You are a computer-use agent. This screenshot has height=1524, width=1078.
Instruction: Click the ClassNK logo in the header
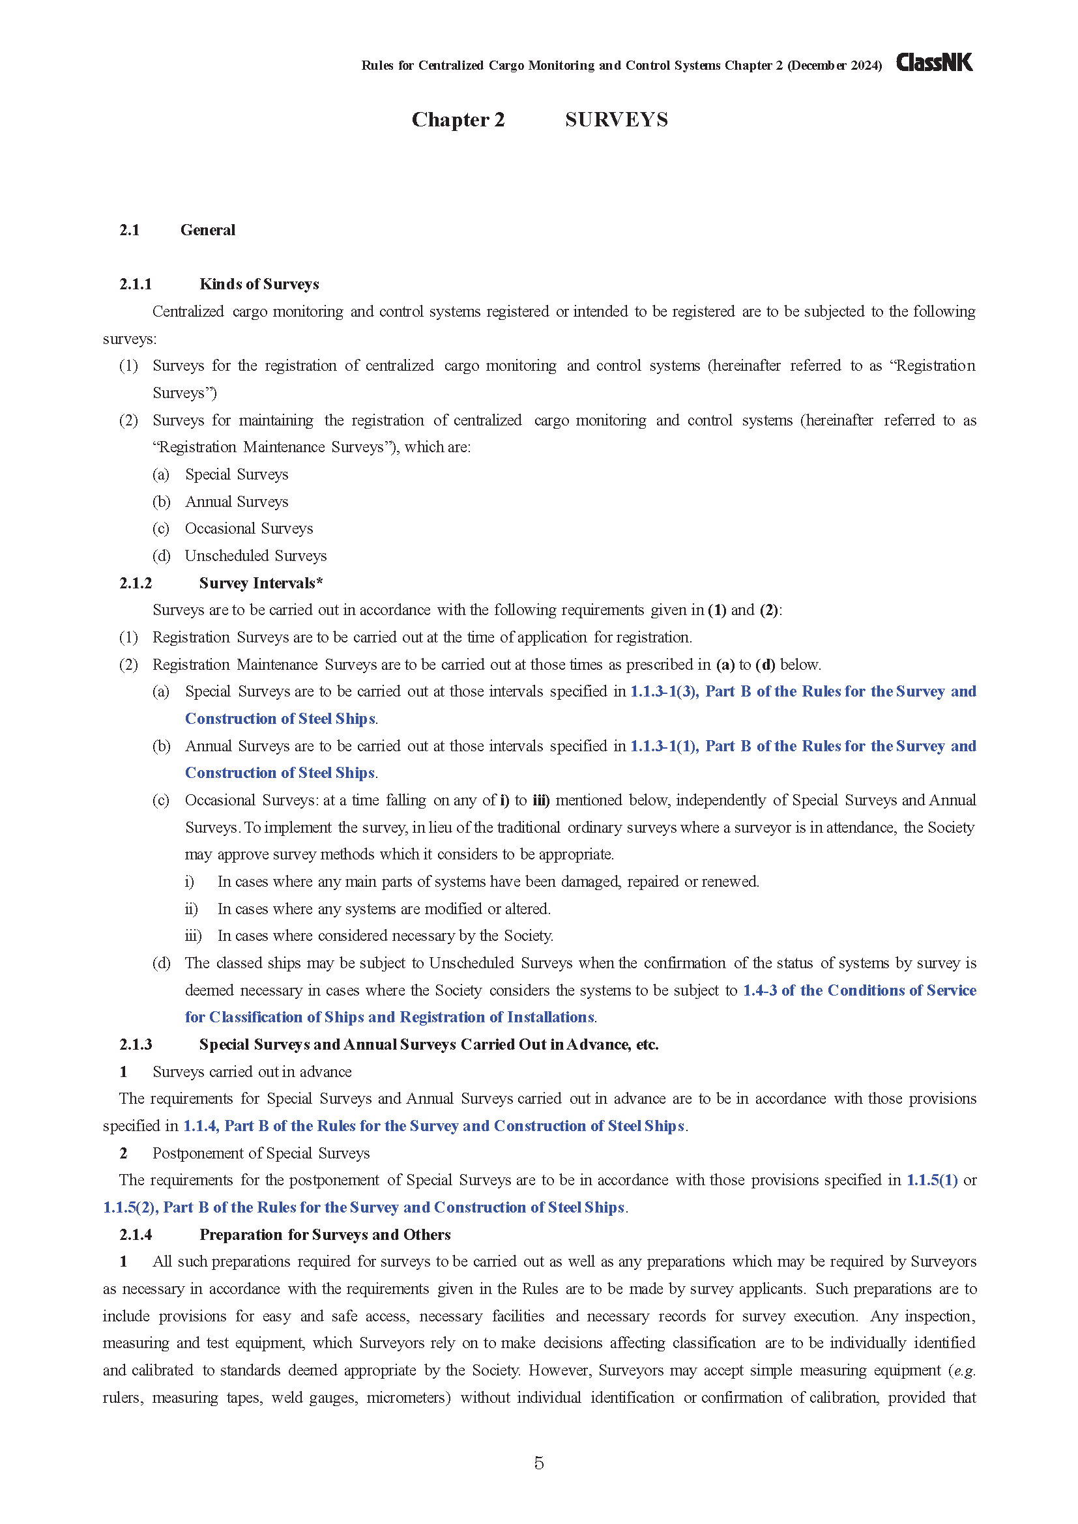point(933,63)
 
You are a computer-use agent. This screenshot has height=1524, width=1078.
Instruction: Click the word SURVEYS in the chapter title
point(616,119)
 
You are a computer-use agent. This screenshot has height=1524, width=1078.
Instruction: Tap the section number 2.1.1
point(136,284)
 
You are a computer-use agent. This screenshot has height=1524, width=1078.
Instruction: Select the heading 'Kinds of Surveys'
point(259,284)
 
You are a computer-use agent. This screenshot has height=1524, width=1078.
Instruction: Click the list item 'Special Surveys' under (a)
point(237,474)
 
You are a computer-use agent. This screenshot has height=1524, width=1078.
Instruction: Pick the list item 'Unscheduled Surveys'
point(255,556)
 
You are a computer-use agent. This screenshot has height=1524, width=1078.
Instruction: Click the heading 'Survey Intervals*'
point(260,582)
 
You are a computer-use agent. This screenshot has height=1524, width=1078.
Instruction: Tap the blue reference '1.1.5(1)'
point(932,1180)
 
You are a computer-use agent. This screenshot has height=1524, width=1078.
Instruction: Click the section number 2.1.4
point(136,1235)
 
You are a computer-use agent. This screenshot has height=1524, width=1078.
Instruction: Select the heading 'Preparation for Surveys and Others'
point(325,1235)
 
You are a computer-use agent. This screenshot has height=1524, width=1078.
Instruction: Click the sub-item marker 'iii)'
point(193,936)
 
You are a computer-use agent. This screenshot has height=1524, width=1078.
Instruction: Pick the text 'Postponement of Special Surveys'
point(261,1153)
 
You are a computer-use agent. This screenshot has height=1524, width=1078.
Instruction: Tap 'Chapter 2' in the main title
point(458,119)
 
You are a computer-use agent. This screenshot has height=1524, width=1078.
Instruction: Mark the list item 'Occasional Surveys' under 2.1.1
point(249,528)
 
